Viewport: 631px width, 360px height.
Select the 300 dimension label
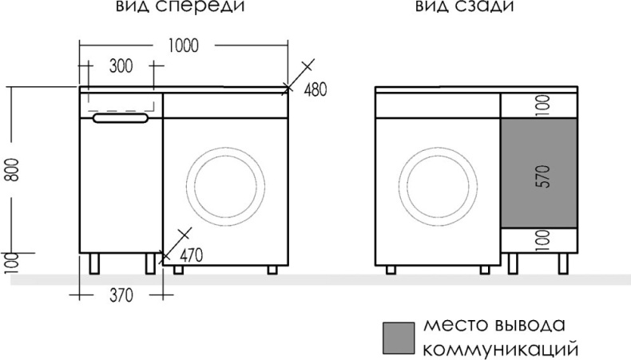pos(120,67)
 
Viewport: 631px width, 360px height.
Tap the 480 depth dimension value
pos(316,89)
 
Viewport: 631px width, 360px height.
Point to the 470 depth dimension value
pos(192,255)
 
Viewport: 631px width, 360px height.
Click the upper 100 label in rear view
pos(539,105)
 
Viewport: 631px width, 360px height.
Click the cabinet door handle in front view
pos(121,119)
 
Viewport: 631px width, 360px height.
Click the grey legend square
pos(399,338)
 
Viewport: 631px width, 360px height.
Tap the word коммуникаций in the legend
pos(499,350)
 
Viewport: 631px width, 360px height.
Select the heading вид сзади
pos(463,7)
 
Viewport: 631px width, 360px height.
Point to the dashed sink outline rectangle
pos(120,101)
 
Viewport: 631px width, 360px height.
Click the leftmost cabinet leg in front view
pos(96,264)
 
